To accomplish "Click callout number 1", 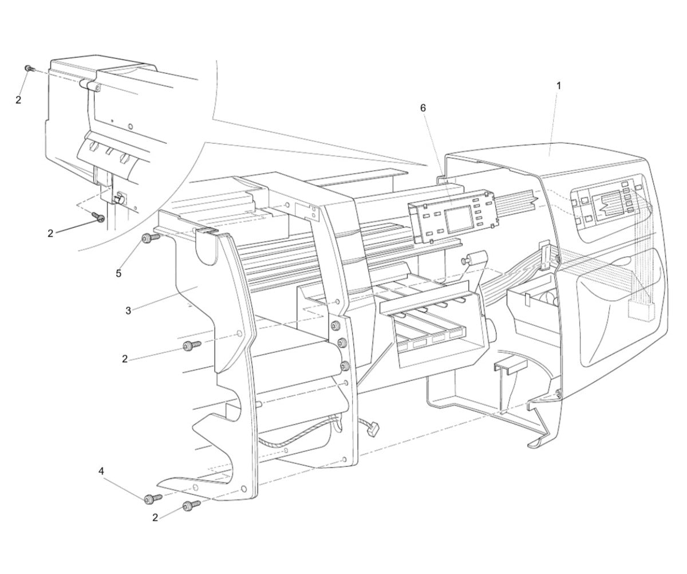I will [559, 85].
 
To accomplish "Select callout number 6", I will [423, 108].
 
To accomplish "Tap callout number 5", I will [119, 273].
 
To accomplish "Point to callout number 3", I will [128, 310].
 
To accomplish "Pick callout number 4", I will [101, 471].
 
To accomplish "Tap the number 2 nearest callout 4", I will [155, 517].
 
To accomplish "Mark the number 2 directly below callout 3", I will [124, 359].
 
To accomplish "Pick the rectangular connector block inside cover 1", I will [640, 309].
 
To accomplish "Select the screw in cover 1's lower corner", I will [558, 393].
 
